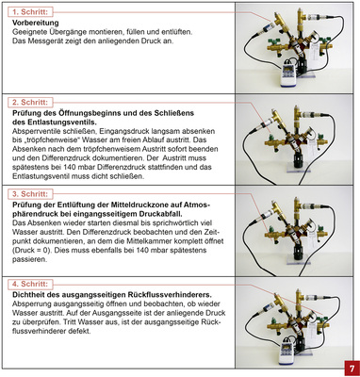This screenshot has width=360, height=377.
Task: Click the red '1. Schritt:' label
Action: (x=32, y=10)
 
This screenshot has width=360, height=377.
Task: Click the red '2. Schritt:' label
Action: (x=33, y=101)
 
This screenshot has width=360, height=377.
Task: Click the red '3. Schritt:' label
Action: (x=33, y=194)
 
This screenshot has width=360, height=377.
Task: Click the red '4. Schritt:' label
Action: (x=33, y=283)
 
